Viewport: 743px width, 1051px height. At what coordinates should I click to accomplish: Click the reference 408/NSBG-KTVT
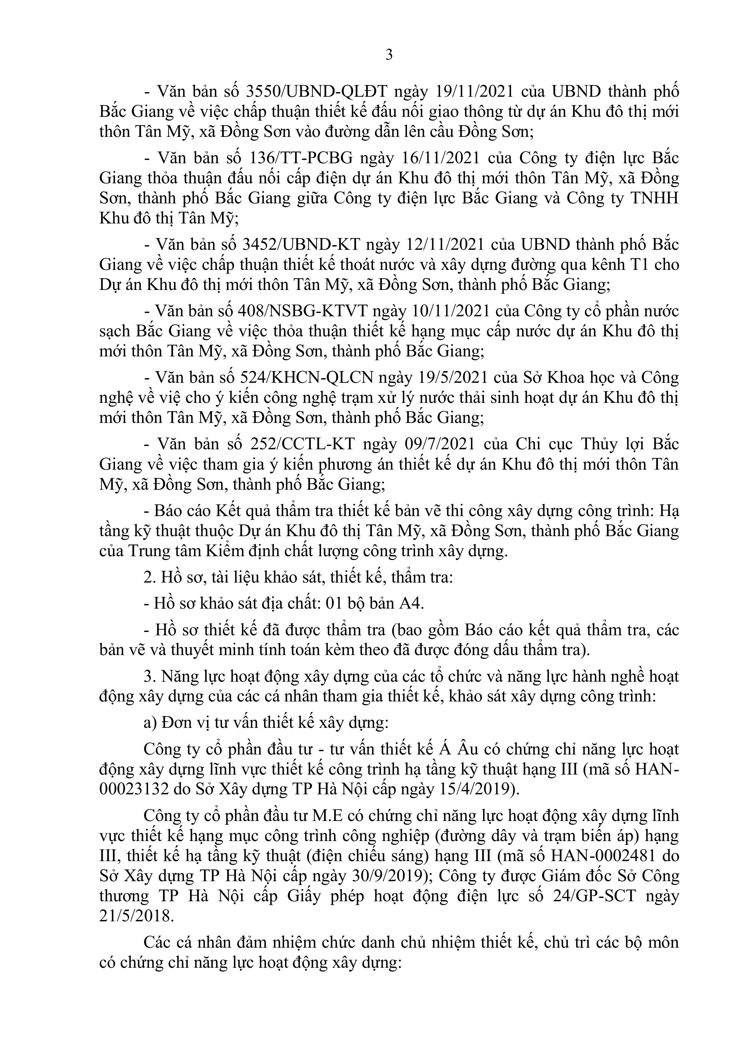pyautogui.click(x=303, y=311)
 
